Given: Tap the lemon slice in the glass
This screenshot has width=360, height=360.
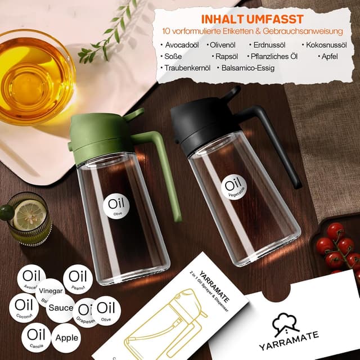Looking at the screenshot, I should click(28, 214).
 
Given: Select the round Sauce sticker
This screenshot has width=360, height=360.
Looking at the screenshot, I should click(60, 308).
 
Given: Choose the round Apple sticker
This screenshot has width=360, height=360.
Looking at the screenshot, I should click(66, 339).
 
